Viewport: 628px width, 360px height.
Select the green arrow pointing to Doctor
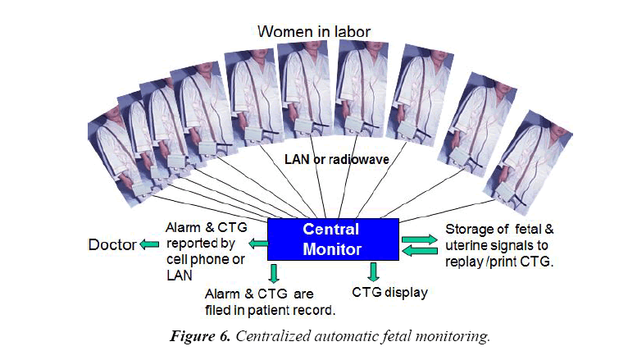[149, 244]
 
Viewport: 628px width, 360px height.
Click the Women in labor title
[314, 32]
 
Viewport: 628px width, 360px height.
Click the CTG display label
[389, 292]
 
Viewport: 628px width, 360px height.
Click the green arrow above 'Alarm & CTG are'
[274, 273]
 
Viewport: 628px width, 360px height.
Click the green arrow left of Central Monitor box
[258, 243]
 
